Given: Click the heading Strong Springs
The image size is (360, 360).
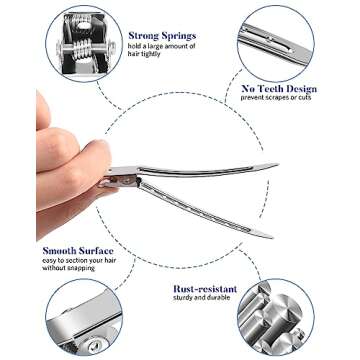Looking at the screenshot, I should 163,36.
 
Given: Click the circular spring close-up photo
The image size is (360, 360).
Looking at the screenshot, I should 84,41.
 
